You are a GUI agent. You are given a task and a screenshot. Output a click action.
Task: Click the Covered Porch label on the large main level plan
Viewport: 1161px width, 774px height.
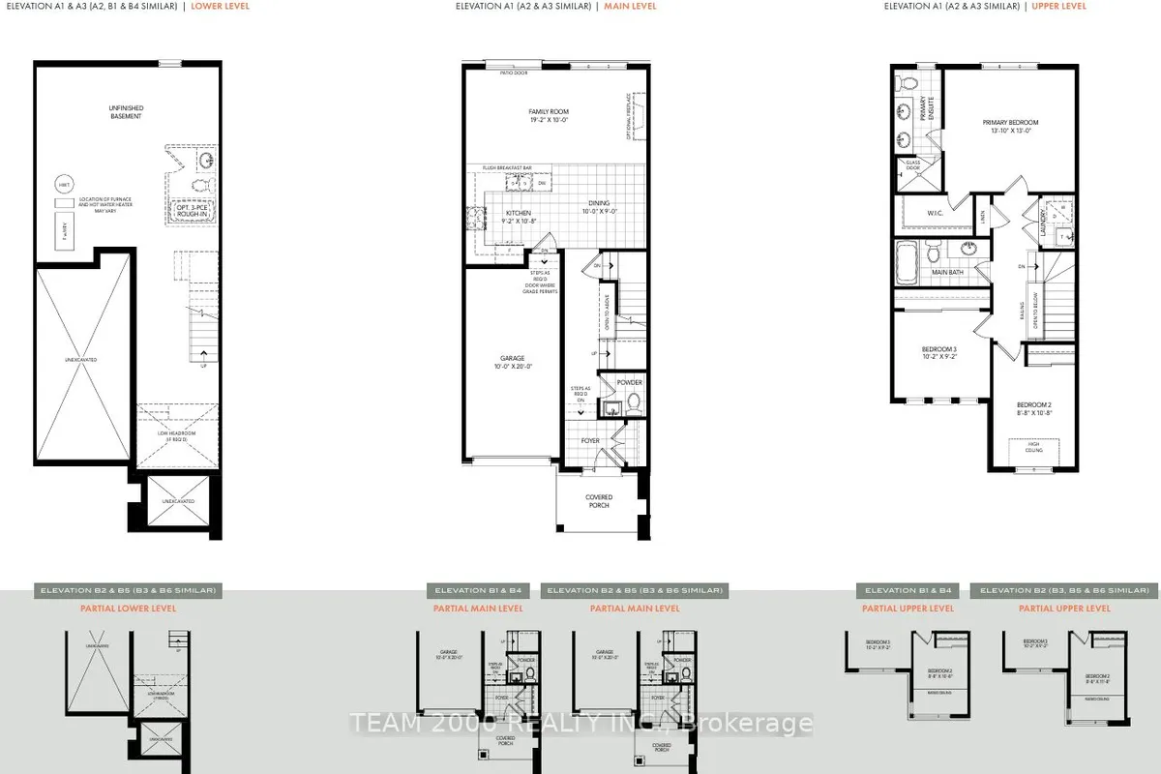point(599,500)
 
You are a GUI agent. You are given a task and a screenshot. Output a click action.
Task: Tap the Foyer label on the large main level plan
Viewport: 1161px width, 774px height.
point(590,441)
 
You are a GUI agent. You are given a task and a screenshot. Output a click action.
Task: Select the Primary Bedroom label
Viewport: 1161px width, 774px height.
point(1010,127)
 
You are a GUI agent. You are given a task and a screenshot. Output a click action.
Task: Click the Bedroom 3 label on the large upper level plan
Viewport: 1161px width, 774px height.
point(938,353)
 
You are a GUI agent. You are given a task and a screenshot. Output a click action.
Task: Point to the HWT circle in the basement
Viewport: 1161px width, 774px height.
point(65,184)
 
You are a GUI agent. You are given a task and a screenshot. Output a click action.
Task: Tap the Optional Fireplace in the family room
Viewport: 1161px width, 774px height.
point(631,116)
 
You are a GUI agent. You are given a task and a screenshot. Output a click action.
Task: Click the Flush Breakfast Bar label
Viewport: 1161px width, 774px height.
point(507,168)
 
